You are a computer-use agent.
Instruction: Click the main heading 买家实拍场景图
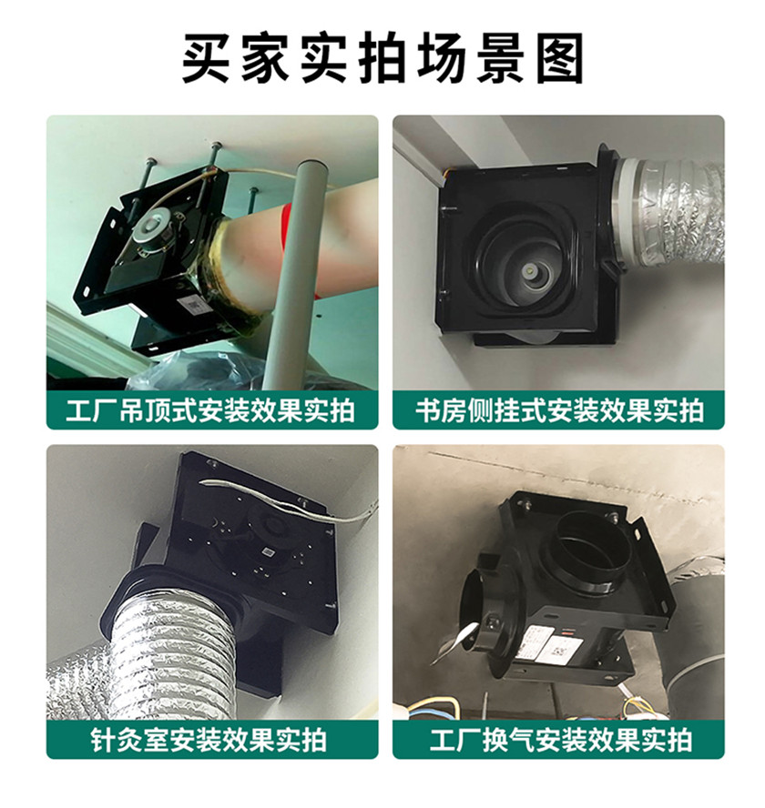(x=382, y=57)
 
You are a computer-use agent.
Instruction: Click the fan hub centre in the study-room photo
(x=529, y=270)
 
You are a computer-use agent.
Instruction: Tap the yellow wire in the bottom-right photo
(x=433, y=705)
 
